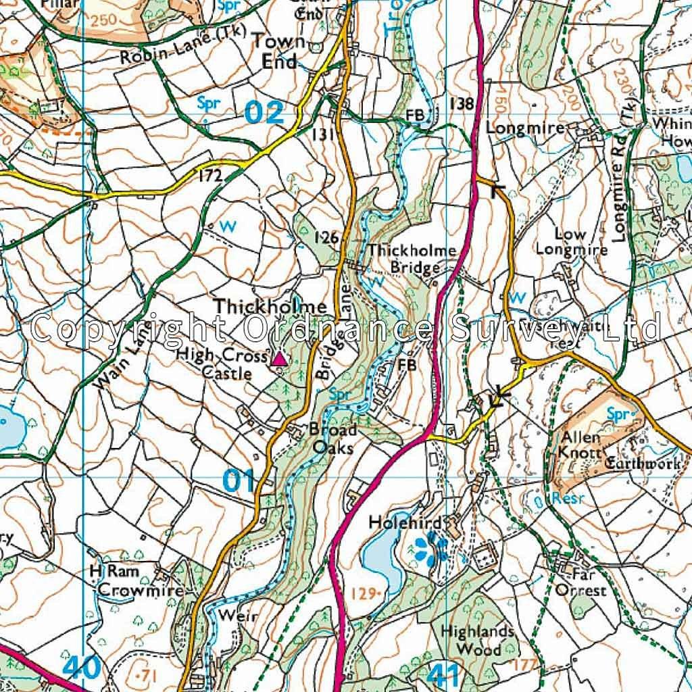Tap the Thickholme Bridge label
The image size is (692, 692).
coord(412,259)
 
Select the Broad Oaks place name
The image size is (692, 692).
coord(332,438)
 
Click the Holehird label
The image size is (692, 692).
coord(405,522)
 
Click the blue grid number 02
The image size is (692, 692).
coord(264,112)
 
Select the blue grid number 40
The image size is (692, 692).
coord(82,668)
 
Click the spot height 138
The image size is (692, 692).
coord(461,103)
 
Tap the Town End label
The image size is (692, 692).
coord(278,51)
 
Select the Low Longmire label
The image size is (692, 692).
coord(572,241)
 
